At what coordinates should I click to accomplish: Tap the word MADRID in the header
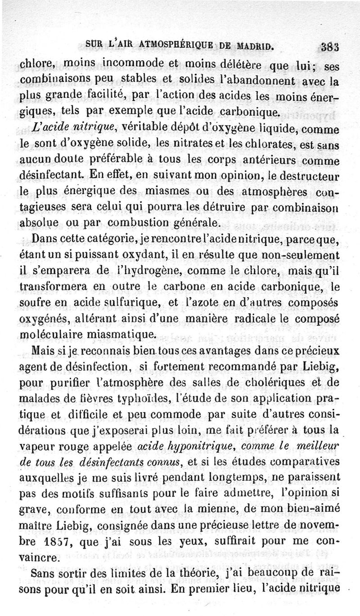tap(255, 45)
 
